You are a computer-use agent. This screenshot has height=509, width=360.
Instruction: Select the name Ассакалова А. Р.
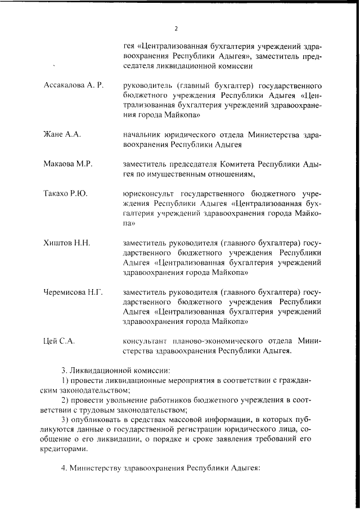(74, 85)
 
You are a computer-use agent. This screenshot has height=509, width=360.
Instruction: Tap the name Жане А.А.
(62, 134)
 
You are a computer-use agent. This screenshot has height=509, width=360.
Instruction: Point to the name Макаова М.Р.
(67, 164)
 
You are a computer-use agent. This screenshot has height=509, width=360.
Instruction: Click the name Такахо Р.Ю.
(65, 194)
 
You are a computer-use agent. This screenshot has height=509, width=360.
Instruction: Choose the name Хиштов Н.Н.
(67, 243)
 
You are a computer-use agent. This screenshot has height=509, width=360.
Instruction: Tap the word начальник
(143, 134)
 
